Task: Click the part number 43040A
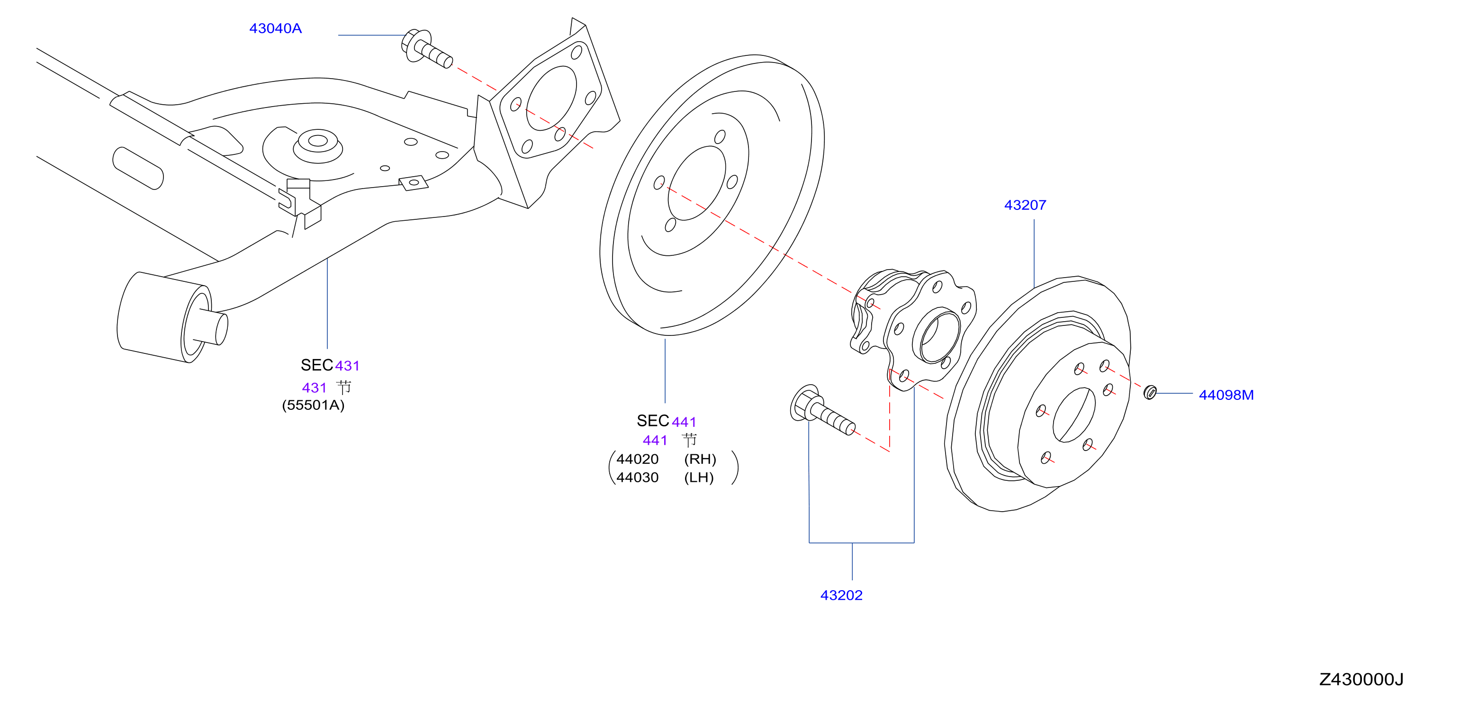(x=275, y=28)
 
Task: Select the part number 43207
(x=1025, y=205)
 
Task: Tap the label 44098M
(x=1226, y=395)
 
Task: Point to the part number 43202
(x=841, y=595)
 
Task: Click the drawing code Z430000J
(x=1361, y=679)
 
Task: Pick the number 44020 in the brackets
(x=637, y=459)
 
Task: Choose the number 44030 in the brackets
(x=637, y=478)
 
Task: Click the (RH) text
(x=700, y=459)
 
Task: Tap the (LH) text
(x=699, y=478)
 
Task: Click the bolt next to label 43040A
(x=427, y=48)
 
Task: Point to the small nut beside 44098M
(x=1150, y=392)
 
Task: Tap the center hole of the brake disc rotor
(x=1074, y=415)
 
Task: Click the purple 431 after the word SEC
(x=347, y=366)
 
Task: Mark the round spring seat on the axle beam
(x=317, y=146)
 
